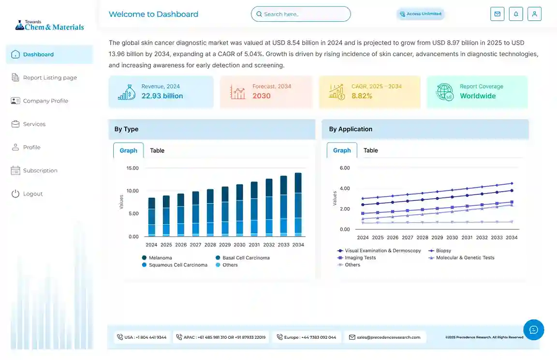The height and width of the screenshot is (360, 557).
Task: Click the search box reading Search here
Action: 301,14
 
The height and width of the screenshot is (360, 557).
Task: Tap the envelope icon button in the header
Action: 497,14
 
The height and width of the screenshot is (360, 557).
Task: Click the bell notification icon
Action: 516,14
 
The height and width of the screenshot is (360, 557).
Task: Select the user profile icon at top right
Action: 534,14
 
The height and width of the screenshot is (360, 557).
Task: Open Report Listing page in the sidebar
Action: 50,77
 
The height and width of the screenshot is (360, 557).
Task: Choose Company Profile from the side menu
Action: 45,101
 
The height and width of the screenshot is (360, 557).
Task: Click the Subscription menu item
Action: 40,170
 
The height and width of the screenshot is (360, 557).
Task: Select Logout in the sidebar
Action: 33,194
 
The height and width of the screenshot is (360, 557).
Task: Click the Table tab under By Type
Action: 157,150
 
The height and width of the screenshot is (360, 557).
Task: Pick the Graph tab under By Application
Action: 342,150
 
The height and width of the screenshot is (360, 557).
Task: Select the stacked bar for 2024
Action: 152,217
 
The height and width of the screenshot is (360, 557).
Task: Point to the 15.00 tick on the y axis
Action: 132,168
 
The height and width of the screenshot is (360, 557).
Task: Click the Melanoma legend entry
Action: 160,258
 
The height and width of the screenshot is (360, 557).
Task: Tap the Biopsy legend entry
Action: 443,251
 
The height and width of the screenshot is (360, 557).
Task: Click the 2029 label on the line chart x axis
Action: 437,238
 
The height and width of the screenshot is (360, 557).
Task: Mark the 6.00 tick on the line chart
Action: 344,168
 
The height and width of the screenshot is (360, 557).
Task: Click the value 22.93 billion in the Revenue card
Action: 162,96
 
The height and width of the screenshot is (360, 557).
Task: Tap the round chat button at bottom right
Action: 533,330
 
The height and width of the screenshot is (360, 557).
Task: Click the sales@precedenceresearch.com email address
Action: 388,337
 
